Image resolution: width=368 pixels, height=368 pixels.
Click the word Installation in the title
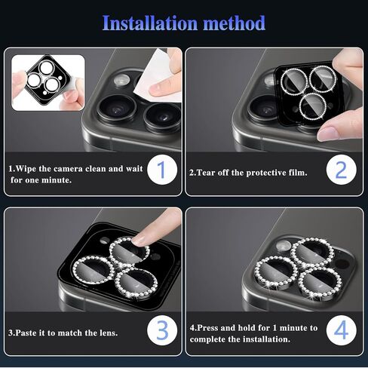(x=149, y=23)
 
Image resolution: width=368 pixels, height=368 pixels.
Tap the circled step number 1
(x=160, y=170)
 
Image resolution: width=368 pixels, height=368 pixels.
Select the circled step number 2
(x=340, y=170)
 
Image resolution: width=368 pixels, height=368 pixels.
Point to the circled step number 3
(x=160, y=330)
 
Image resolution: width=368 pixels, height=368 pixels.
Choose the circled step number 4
(x=340, y=330)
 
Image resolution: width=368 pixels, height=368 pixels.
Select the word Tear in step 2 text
(x=210, y=173)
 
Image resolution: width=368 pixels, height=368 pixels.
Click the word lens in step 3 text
(x=108, y=332)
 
